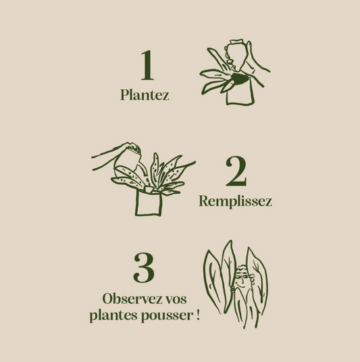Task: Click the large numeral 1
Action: (147, 66)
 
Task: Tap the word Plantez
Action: (145, 95)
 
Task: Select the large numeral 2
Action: (236, 171)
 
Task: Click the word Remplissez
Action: (235, 201)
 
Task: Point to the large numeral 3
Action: (144, 268)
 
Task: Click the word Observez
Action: (132, 299)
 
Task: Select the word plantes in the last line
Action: (114, 315)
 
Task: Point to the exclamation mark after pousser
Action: (198, 315)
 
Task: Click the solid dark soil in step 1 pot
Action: (240, 79)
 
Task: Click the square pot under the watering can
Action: (149, 203)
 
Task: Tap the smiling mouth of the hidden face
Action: (241, 286)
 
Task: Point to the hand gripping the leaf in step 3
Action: (232, 289)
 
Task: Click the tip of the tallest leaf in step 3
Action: (230, 240)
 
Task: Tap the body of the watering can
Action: (126, 161)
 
